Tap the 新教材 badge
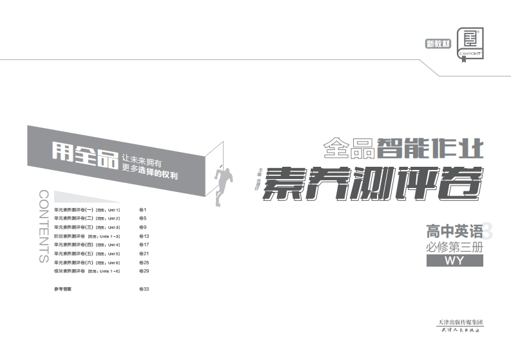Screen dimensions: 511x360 click(x=438, y=44)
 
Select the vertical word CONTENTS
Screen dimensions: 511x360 click(x=43, y=226)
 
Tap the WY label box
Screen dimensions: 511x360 click(x=454, y=261)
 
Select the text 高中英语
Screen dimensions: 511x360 click(x=454, y=231)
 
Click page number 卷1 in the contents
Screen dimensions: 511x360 click(x=143, y=210)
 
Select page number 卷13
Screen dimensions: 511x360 click(x=144, y=236)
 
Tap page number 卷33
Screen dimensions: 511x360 click(x=144, y=289)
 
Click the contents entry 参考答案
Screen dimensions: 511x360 click(x=63, y=289)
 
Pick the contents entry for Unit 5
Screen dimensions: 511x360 click(x=87, y=254)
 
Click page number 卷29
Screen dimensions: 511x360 click(x=144, y=272)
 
